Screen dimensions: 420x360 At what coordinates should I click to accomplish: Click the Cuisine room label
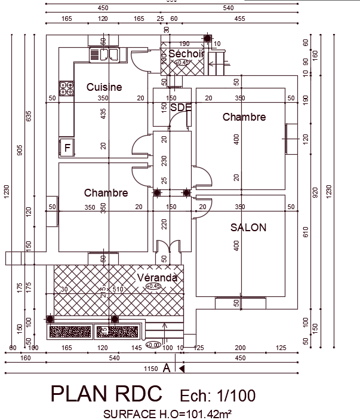point(104,87)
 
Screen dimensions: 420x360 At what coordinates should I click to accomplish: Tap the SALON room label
point(248,228)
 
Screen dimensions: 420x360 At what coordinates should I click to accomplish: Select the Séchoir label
point(186,54)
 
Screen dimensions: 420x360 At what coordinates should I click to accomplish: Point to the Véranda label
point(157,278)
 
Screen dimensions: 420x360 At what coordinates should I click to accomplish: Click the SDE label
point(181,108)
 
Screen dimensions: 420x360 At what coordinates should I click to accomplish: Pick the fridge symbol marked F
point(67,147)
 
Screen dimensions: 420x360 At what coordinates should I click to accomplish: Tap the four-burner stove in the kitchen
point(66,88)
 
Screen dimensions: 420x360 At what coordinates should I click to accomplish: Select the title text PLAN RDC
point(106,394)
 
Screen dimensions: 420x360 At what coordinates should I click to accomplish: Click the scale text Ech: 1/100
point(217,396)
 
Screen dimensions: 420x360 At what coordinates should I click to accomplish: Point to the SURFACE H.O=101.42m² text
point(167,413)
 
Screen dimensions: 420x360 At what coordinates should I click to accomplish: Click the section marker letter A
point(167,369)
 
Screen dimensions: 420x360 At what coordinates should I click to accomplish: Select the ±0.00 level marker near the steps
point(153,345)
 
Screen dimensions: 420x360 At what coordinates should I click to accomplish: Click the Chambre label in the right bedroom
point(244,117)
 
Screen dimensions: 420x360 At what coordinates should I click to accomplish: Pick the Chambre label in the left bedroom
point(106,193)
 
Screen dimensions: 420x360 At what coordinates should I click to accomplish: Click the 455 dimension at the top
point(239,19)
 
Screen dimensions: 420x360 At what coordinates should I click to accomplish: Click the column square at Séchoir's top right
point(207,39)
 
